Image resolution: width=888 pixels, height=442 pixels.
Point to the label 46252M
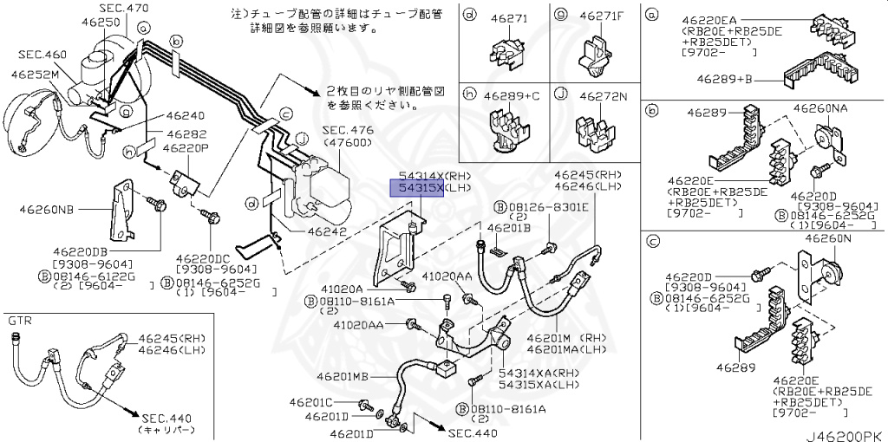(35, 75)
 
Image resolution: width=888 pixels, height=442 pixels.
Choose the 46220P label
(188, 147)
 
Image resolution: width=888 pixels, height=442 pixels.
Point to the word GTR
(20, 320)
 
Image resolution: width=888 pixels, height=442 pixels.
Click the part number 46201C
(311, 402)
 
